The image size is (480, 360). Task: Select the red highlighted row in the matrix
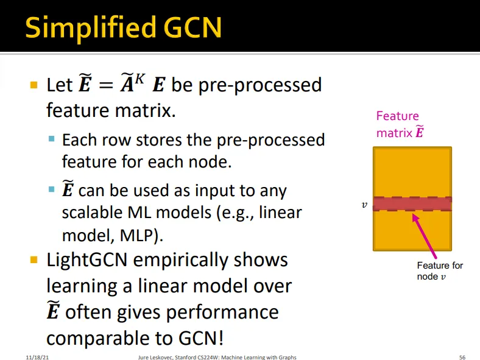click(412, 203)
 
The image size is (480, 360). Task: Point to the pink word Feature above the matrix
click(397, 116)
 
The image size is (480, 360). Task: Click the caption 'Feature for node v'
click(439, 271)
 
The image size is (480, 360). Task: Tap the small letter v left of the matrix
click(364, 205)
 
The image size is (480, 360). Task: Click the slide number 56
click(461, 357)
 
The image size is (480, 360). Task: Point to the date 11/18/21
click(37, 357)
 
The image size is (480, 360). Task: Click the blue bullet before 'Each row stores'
click(52, 140)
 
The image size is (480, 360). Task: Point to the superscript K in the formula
click(139, 78)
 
